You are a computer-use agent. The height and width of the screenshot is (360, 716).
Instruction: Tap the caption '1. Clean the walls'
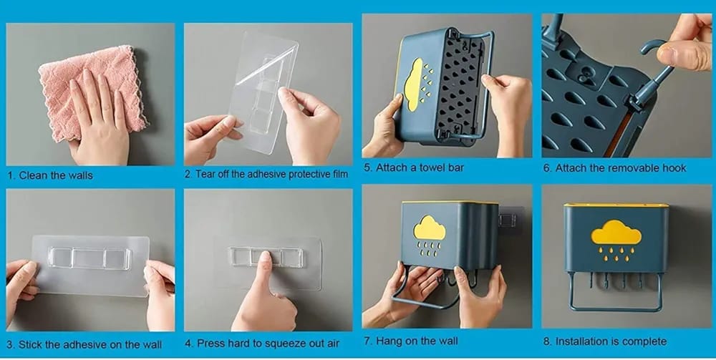[50, 175]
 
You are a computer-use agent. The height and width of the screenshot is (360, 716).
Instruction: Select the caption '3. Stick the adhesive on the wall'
[84, 344]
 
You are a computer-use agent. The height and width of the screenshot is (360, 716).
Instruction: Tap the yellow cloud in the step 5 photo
[414, 84]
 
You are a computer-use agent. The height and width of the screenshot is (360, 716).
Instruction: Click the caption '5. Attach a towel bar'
[414, 167]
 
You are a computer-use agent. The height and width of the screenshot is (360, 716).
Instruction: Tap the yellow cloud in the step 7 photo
[429, 228]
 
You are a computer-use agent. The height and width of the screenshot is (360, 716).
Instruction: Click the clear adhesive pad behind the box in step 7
[510, 221]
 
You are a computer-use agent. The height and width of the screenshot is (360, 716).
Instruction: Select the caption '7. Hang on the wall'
[411, 341]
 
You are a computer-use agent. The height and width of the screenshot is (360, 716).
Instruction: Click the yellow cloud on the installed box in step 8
[616, 232]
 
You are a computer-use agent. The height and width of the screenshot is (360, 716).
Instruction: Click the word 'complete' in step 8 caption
[644, 341]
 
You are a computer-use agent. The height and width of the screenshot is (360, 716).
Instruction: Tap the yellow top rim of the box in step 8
[616, 205]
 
